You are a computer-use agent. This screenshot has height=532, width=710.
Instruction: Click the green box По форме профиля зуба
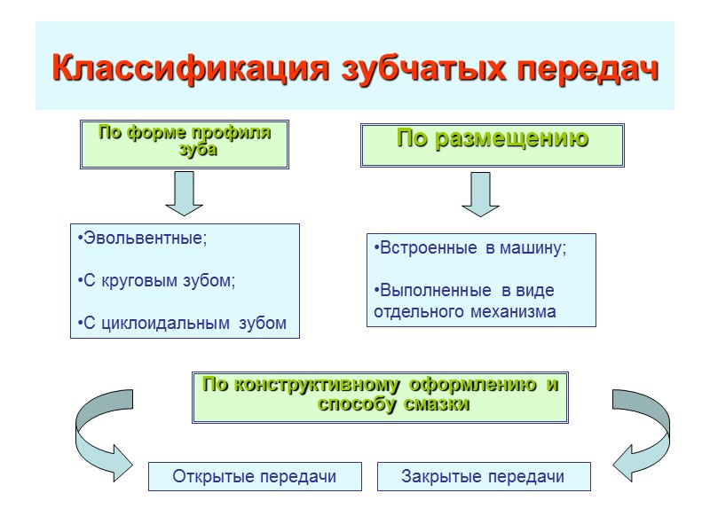(x=185, y=144)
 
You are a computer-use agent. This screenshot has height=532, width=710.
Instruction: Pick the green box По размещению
(x=492, y=144)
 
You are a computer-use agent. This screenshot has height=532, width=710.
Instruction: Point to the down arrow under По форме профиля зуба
(x=184, y=193)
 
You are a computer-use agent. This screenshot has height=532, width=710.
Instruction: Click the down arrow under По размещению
(x=479, y=193)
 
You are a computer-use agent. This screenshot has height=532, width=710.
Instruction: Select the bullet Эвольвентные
(x=142, y=239)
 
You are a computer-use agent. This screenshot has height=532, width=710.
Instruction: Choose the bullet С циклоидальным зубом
(x=183, y=323)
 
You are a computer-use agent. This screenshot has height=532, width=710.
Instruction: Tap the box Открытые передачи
(x=255, y=476)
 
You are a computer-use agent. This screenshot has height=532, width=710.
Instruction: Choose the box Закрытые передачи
(x=483, y=476)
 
